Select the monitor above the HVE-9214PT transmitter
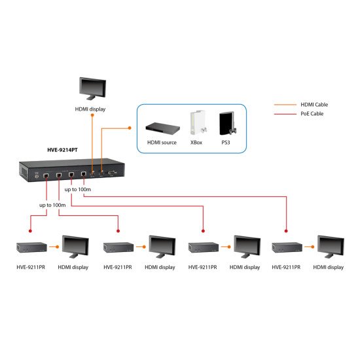pos(93,88)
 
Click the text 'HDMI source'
pos(160,142)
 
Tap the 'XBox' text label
pos(196,142)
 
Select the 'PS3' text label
pos(226,142)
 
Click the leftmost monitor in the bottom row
pos(74,247)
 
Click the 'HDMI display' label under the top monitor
pos(92,109)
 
